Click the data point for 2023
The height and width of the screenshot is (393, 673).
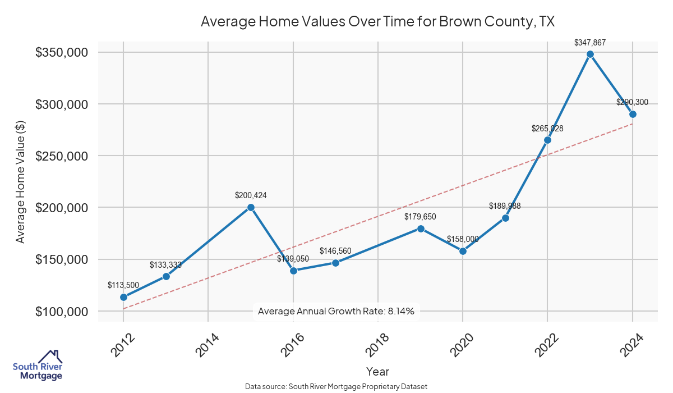pyautogui.click(x=590, y=54)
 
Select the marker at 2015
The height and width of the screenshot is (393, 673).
pyautogui.click(x=251, y=207)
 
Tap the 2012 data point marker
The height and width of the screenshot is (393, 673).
pyautogui.click(x=123, y=297)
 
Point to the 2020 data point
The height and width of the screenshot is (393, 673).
pyautogui.click(x=463, y=251)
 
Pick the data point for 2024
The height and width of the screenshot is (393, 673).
pyautogui.click(x=633, y=114)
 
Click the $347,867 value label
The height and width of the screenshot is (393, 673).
pyautogui.click(x=590, y=42)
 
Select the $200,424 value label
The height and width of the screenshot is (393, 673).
pyautogui.click(x=251, y=195)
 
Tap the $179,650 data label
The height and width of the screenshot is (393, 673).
pyautogui.click(x=420, y=217)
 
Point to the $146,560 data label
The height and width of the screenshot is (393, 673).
pyautogui.click(x=335, y=251)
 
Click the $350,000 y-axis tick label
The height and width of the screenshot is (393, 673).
pyautogui.click(x=62, y=53)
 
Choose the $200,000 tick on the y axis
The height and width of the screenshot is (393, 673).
pyautogui.click(x=62, y=208)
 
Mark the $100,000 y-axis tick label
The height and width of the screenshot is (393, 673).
pyautogui.click(x=62, y=312)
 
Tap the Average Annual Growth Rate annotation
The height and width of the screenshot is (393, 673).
pyautogui.click(x=336, y=312)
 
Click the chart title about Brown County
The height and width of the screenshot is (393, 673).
pyautogui.click(x=377, y=22)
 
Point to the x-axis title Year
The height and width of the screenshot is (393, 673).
pyautogui.click(x=377, y=372)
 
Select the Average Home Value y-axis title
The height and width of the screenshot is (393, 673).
pyautogui.click(x=20, y=182)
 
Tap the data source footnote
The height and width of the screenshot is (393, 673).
pyautogui.click(x=336, y=387)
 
